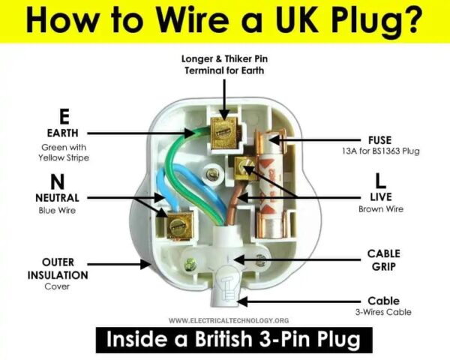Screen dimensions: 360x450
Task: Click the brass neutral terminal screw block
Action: [180, 223]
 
